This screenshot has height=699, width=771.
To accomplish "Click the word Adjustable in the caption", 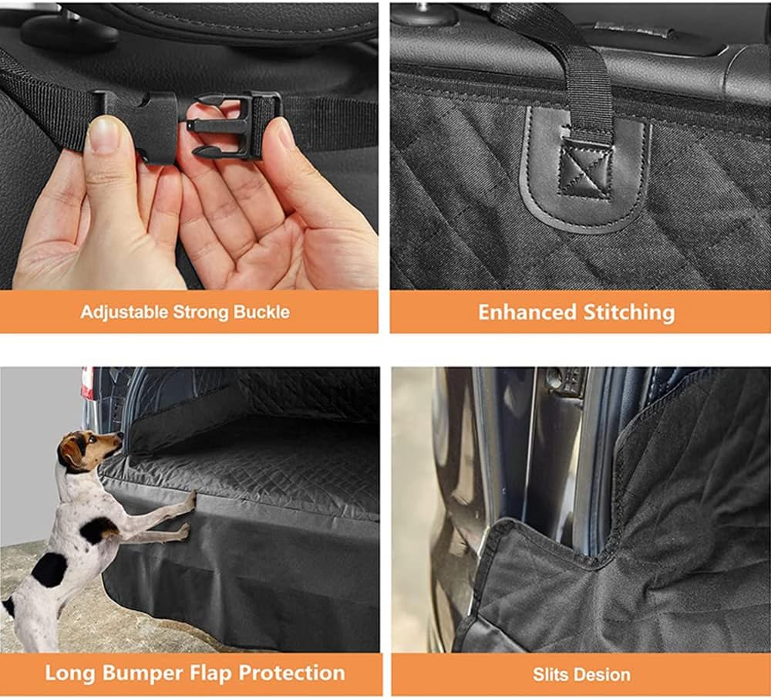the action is [x=124, y=312].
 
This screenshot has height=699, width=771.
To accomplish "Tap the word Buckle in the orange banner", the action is [x=261, y=312].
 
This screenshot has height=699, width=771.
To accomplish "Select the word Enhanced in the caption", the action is [x=527, y=312].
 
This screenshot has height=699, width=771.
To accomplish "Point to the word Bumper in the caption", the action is [x=143, y=674].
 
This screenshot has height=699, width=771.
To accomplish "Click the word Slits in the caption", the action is [x=547, y=674].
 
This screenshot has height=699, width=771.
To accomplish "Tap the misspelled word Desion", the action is [x=598, y=674].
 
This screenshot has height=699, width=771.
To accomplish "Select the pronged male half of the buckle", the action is [x=231, y=126].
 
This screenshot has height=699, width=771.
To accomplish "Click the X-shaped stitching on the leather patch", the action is [x=585, y=167].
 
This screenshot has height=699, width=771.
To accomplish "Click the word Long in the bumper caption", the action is [x=70, y=674].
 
